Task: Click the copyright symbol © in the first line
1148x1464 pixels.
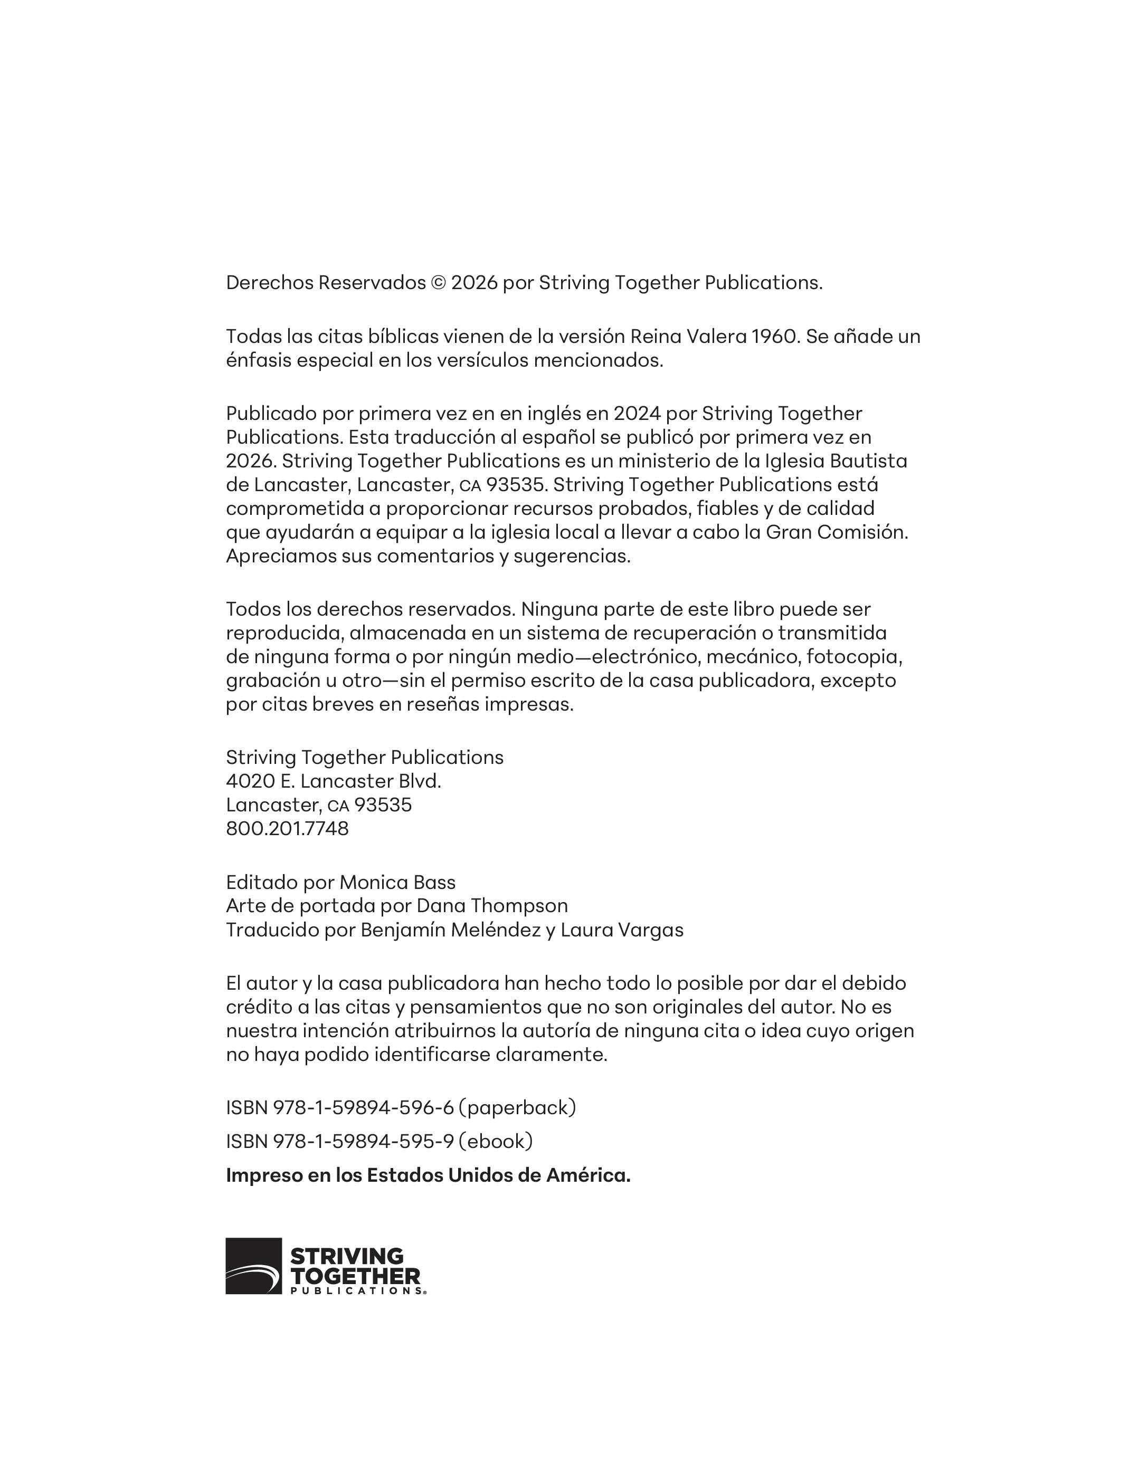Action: (438, 283)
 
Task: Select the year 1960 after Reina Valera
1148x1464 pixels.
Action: (774, 336)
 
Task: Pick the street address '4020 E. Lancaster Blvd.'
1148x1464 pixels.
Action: (334, 781)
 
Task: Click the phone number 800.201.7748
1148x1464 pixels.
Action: (287, 828)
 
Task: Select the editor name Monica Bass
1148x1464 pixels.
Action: (397, 882)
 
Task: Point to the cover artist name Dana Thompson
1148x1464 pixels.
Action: (492, 906)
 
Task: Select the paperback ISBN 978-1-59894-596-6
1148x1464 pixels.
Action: (364, 1107)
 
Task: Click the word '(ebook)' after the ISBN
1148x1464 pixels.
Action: (496, 1141)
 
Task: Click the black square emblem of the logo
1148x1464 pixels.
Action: (253, 1266)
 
